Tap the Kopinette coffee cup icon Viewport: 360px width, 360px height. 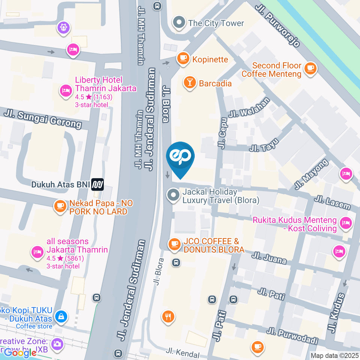pos(183,58)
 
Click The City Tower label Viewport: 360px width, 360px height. pos(216,23)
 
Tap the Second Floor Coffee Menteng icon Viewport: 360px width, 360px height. pos(310,68)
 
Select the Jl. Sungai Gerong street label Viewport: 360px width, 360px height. pos(43,118)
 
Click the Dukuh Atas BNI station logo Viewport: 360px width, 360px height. pos(98,184)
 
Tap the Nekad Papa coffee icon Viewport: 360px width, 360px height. pos(60,207)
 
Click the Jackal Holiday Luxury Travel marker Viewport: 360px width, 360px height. pos(173,195)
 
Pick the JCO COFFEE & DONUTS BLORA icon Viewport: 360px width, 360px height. pos(174,244)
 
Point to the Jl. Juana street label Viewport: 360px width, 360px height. pos(269,258)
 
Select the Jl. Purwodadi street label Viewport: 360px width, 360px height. pos(292,336)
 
